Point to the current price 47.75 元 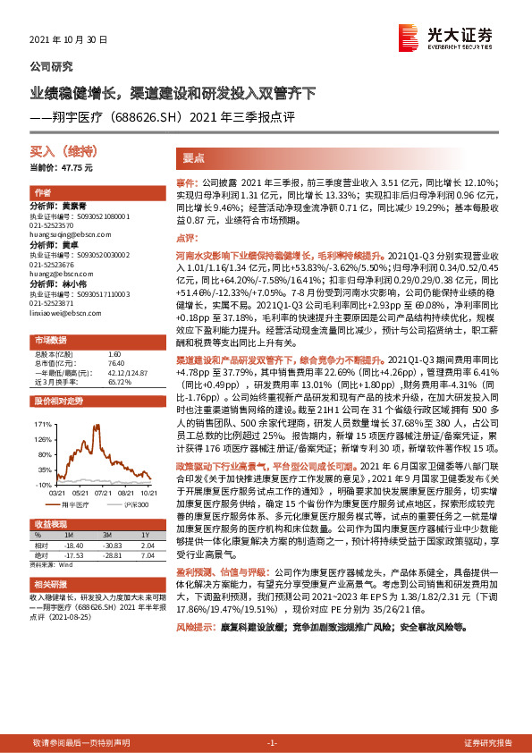(x=76, y=168)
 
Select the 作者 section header (x=43, y=193)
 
